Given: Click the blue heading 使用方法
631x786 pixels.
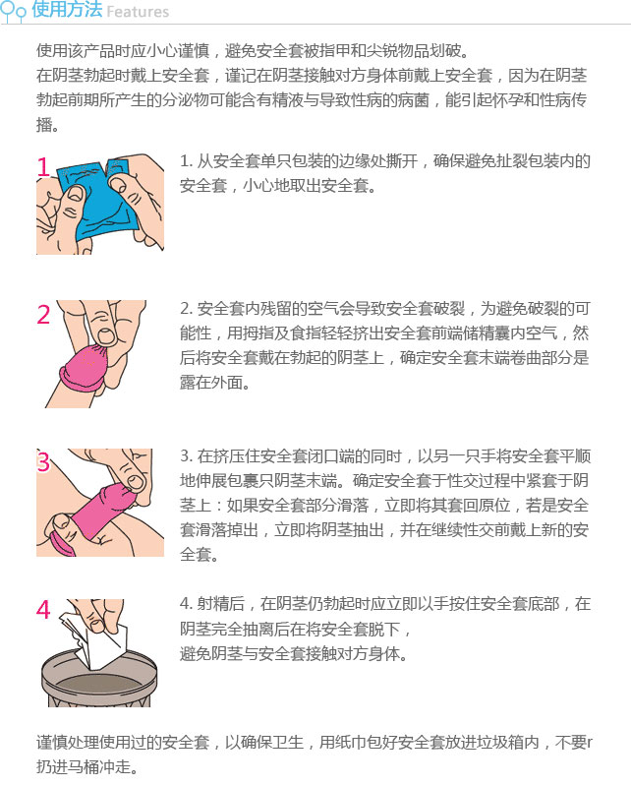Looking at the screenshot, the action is click(x=67, y=10).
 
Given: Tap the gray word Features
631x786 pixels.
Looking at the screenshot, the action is click(x=138, y=12).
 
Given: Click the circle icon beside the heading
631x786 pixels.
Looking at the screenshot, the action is click(x=13, y=11).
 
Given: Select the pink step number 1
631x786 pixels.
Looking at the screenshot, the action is click(x=43, y=167).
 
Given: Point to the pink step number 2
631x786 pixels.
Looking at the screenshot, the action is click(x=43, y=315).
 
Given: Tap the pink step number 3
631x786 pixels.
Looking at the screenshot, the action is click(x=43, y=461).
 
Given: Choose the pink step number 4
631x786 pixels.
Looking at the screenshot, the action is click(x=43, y=610).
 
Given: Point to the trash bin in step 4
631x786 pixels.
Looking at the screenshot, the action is click(x=98, y=680).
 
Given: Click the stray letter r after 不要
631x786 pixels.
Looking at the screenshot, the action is click(x=590, y=742).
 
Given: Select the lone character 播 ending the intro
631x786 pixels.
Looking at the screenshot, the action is click(x=45, y=124).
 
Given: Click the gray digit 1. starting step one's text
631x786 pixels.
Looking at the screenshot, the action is click(x=187, y=161).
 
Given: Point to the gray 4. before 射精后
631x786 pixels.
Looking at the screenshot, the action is click(x=187, y=604).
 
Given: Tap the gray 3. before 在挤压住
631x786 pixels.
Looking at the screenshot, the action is click(x=187, y=456).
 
